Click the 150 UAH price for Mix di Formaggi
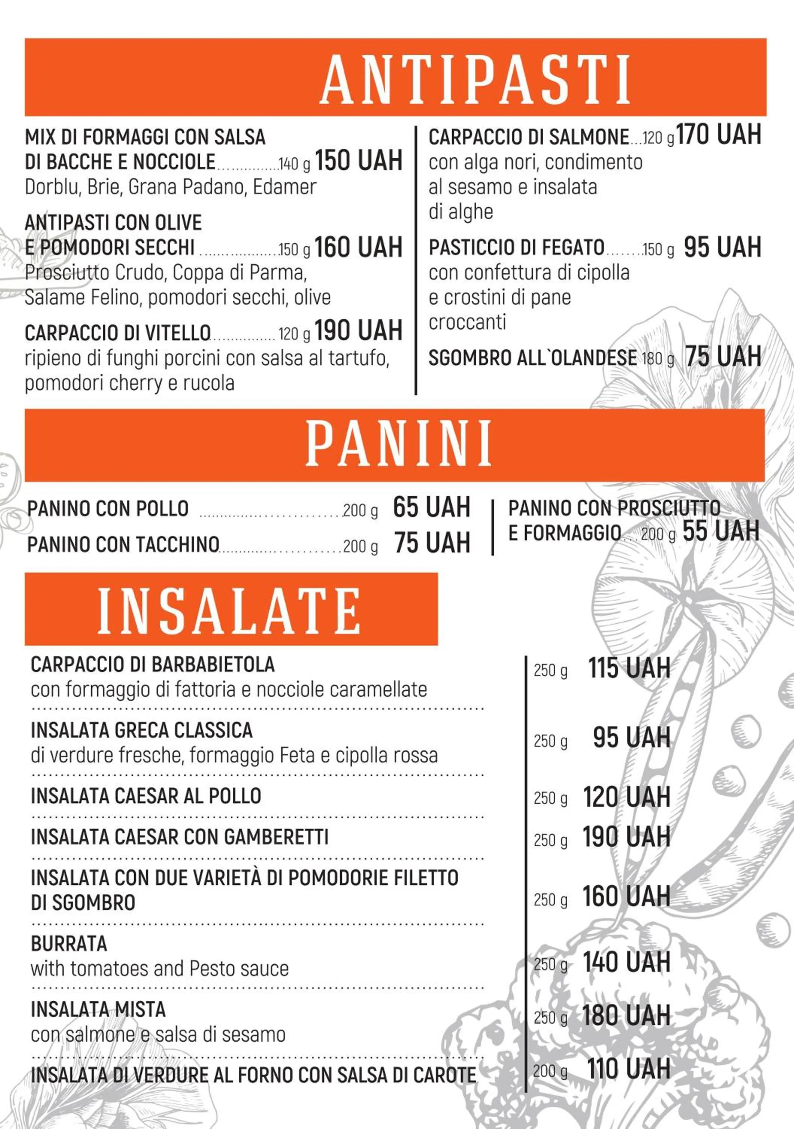tap(358, 161)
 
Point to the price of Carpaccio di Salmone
tap(719, 135)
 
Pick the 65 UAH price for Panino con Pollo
tap(431, 507)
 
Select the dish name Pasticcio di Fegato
tap(516, 247)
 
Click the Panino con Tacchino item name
tap(123, 544)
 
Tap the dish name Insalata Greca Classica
tap(141, 730)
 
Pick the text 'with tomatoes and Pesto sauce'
tap(160, 969)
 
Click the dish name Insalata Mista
tap(98, 1009)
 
